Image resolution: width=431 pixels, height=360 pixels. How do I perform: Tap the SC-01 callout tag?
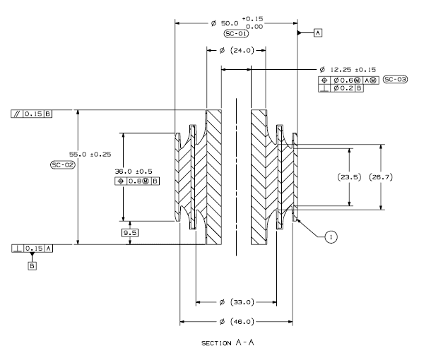[235, 33]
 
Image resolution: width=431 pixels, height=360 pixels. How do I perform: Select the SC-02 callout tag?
[63, 164]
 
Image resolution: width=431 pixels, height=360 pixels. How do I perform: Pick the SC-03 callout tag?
[395, 80]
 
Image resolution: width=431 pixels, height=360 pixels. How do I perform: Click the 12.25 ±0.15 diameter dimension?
[348, 70]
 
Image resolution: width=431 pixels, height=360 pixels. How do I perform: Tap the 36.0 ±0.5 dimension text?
[134, 171]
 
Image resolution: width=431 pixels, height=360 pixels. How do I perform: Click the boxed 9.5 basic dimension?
[130, 232]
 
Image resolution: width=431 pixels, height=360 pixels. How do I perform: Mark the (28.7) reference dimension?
[382, 177]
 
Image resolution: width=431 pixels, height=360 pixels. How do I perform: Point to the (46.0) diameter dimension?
[236, 322]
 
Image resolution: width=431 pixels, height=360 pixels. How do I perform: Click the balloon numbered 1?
[331, 237]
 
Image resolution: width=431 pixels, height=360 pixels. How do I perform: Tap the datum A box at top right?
[318, 33]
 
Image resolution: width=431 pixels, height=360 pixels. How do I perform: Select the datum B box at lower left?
[32, 266]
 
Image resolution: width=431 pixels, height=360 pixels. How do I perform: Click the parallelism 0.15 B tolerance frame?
[32, 113]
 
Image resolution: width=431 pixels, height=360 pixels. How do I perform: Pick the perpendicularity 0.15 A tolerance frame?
[32, 248]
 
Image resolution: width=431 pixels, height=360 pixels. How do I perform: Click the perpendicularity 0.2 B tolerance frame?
[341, 88]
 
